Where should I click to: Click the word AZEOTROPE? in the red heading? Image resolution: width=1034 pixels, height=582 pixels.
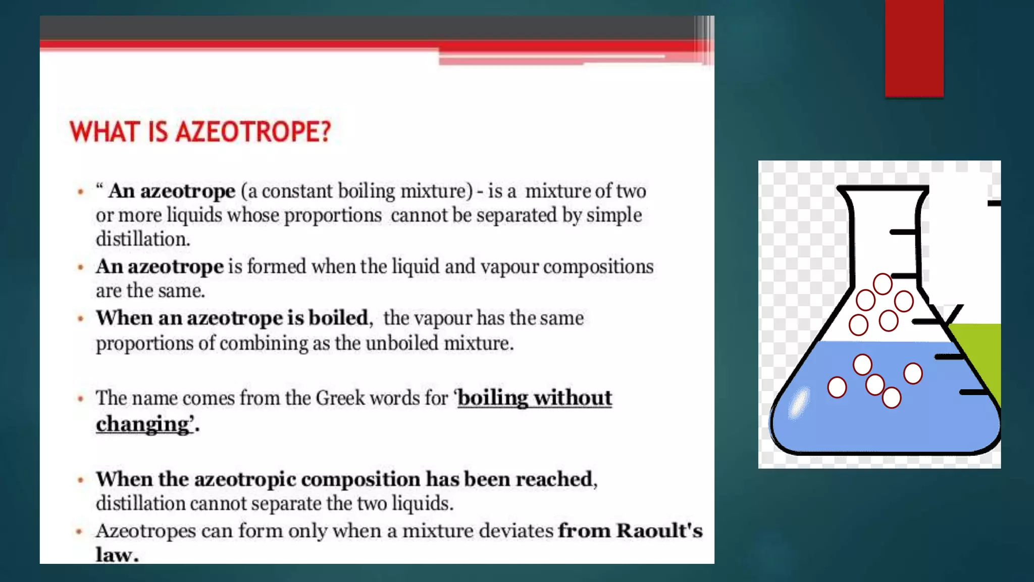click(x=253, y=132)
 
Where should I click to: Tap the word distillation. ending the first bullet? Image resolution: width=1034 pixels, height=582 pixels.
click(x=143, y=239)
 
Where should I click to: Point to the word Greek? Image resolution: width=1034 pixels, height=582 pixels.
click(x=340, y=398)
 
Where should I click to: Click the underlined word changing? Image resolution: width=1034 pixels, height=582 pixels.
click(x=142, y=424)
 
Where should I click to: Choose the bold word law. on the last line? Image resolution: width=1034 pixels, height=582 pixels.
click(x=117, y=555)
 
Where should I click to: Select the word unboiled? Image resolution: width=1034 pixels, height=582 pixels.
click(x=402, y=344)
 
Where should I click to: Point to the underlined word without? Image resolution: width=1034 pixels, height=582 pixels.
click(x=573, y=398)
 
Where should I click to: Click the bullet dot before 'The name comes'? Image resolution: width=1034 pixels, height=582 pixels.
click(x=80, y=399)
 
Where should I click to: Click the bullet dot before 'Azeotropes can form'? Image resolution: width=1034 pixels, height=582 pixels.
click(x=79, y=531)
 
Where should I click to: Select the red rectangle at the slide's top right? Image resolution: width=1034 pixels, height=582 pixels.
click(x=914, y=48)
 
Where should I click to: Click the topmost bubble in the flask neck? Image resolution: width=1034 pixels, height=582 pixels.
click(x=883, y=284)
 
